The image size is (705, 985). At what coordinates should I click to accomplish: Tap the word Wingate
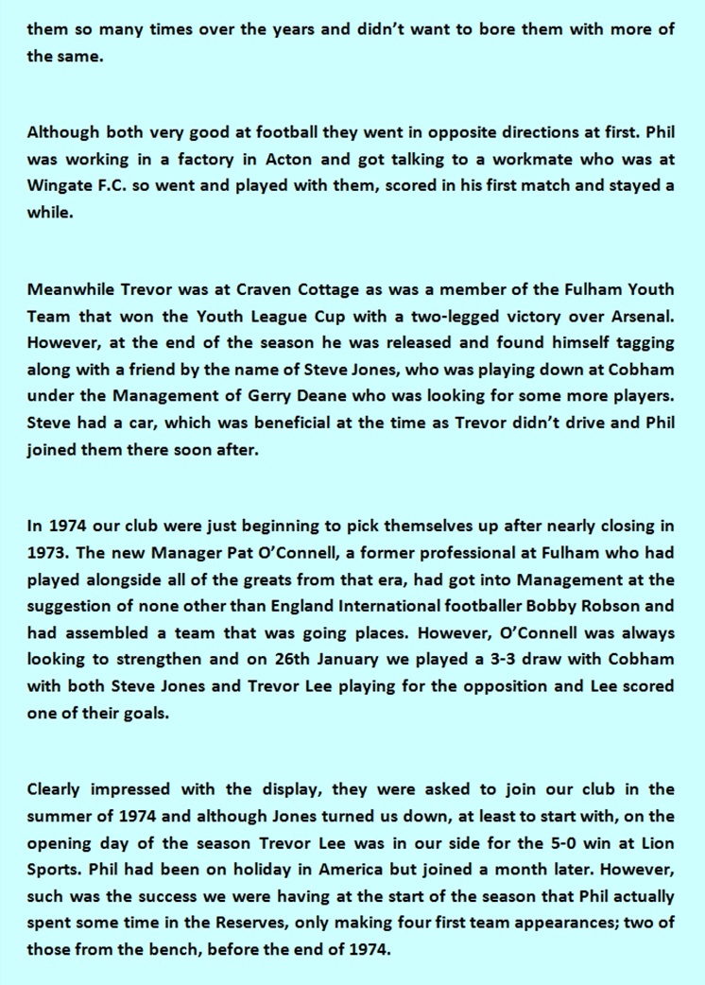60,184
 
